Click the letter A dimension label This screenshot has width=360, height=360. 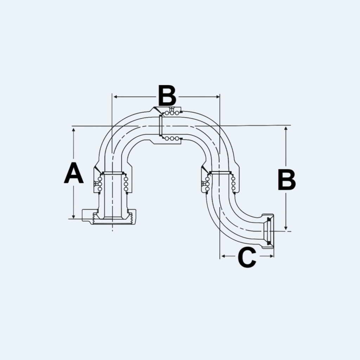pos(73,173)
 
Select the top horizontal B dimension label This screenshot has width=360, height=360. pos(167,96)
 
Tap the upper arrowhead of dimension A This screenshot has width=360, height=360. pos(73,130)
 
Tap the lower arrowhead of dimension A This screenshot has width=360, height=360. pos(73,216)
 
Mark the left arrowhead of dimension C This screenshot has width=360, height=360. pos(223,256)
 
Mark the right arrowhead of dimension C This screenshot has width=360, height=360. pos(272,256)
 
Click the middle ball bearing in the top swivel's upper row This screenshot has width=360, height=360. pos(172,113)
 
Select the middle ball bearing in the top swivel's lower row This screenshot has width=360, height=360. pos(172,139)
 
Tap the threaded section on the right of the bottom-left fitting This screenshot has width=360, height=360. pos(131,218)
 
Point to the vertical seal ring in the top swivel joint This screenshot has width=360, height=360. pos(161,126)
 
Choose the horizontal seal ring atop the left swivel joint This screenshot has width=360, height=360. pos(112,173)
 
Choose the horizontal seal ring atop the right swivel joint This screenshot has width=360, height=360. pos(220,172)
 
